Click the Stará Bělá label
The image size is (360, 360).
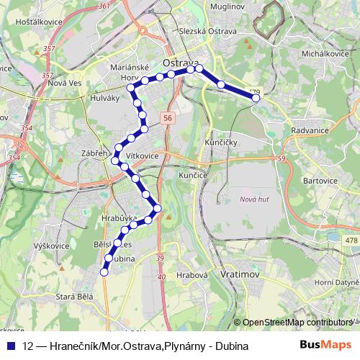coord(76,296)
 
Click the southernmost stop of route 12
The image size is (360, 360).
coord(104,272)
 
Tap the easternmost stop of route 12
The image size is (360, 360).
coord(256,98)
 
